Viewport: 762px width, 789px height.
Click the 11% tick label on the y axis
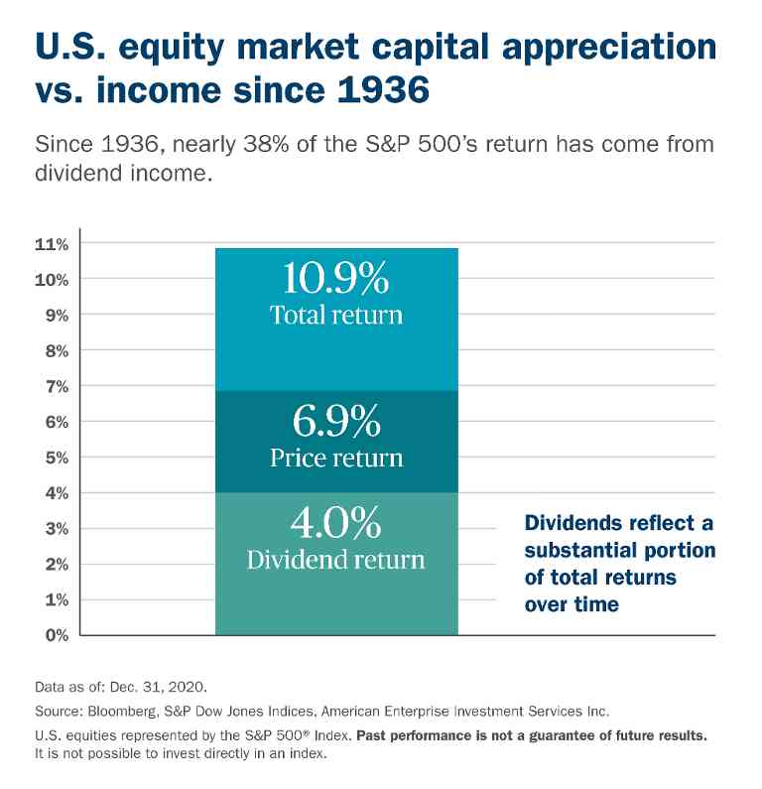coord(52,243)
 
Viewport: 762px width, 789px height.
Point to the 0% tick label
coord(55,635)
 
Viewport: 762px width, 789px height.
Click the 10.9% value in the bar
coord(336,280)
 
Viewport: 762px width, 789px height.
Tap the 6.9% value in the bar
coord(336,423)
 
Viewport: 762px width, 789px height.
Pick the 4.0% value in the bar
coord(336,523)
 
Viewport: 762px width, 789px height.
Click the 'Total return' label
coord(336,316)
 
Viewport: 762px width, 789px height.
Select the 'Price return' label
coord(336,458)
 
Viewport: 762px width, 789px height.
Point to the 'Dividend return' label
coord(336,559)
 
